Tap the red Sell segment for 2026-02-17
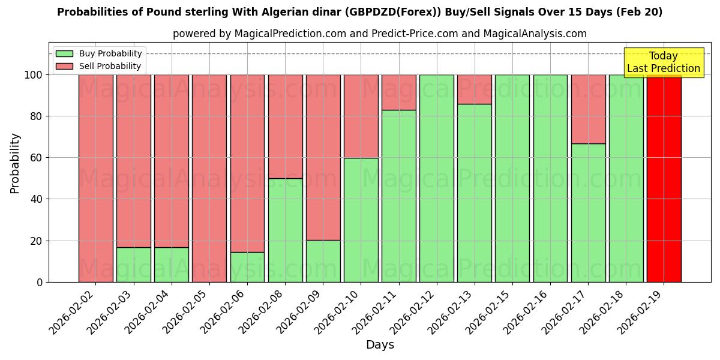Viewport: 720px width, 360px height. click(588, 109)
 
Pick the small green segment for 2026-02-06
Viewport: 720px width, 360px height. click(247, 267)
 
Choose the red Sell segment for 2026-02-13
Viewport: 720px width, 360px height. click(474, 89)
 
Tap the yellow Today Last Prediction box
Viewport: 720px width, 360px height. click(664, 62)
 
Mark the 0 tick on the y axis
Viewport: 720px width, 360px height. click(40, 282)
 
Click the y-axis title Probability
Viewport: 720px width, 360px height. click(15, 163)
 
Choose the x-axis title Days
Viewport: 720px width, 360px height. click(380, 345)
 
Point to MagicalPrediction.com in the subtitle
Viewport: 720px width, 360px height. click(290, 34)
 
